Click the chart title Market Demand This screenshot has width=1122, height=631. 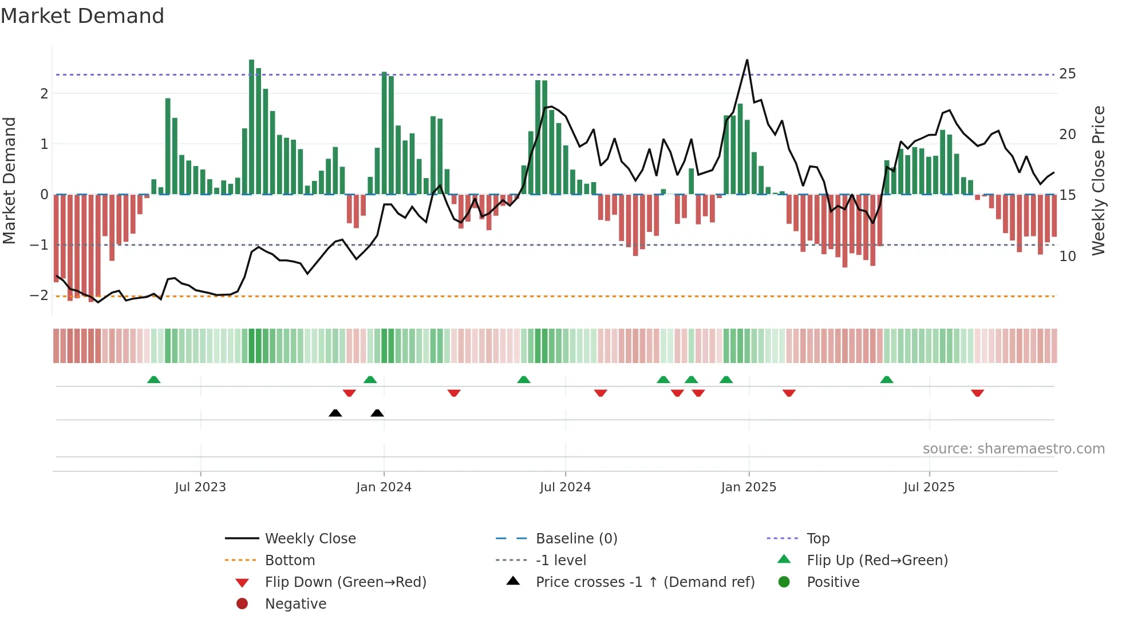pyautogui.click(x=82, y=16)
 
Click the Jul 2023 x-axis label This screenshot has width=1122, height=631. pyautogui.click(x=200, y=487)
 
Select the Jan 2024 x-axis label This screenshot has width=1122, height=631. pyautogui.click(x=384, y=487)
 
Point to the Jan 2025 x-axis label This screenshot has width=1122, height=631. pyautogui.click(x=748, y=487)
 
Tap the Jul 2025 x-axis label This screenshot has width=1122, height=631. pyautogui.click(x=929, y=487)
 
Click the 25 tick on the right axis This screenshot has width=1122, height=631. pyautogui.click(x=1067, y=74)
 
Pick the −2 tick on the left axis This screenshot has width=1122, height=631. pyautogui.click(x=39, y=295)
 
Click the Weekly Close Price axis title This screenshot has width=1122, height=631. pyautogui.click(x=1098, y=180)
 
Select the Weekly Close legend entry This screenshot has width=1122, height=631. pyautogui.click(x=310, y=539)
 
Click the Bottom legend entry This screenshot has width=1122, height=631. pyautogui.click(x=290, y=561)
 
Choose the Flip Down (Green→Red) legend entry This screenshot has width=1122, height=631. pyautogui.click(x=345, y=582)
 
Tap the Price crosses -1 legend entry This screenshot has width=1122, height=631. pyautogui.click(x=645, y=582)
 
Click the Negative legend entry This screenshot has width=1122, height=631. pyautogui.click(x=295, y=604)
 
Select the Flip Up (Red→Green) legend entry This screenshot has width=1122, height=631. pyautogui.click(x=877, y=561)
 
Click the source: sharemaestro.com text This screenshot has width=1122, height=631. pyautogui.click(x=1013, y=449)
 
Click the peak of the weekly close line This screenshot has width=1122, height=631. pyautogui.click(x=747, y=60)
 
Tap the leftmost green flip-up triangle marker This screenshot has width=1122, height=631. pyautogui.click(x=153, y=380)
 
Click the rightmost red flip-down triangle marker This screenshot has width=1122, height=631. pyautogui.click(x=977, y=393)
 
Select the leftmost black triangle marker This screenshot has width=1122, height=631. pyautogui.click(x=335, y=413)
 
